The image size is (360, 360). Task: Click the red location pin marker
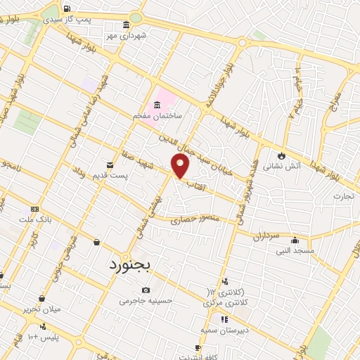tap(181, 166)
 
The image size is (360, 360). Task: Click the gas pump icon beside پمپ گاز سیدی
tap(67, 9)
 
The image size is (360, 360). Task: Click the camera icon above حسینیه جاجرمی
tap(146, 290)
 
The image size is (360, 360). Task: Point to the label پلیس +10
tap(41, 337)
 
